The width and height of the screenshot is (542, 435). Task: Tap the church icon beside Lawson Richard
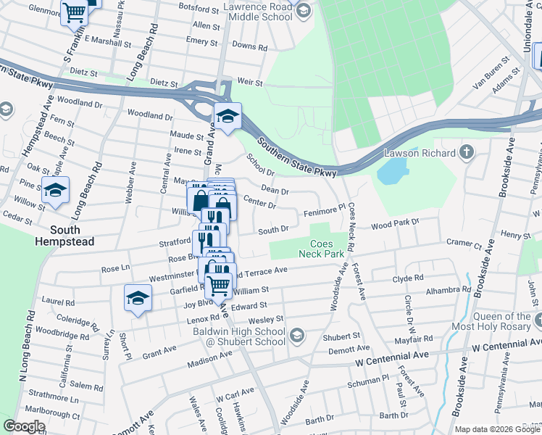(x=467, y=153)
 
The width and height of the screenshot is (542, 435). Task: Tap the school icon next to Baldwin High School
(x=297, y=334)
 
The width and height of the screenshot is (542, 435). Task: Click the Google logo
(x=24, y=426)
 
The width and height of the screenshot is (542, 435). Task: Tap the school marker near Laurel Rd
(x=138, y=299)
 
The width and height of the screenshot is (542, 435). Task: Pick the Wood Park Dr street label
(x=395, y=225)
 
